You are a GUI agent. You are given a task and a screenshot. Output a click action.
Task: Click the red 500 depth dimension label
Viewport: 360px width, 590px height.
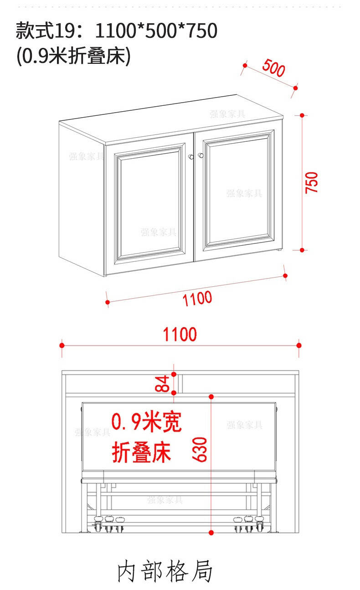[x=273, y=68]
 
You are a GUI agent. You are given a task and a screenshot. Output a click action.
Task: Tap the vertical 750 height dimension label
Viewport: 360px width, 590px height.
[x=311, y=183]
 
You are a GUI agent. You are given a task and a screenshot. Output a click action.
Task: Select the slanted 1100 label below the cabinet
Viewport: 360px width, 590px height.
[x=197, y=299]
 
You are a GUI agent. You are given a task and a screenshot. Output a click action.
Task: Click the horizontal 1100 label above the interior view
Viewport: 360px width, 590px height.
[x=180, y=334]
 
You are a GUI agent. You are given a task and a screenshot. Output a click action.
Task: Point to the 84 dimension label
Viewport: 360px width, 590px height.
[x=162, y=384]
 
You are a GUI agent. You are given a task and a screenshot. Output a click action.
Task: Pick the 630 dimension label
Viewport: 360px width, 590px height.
[x=200, y=450]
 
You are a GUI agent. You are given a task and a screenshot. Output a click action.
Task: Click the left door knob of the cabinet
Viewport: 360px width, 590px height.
[x=191, y=157]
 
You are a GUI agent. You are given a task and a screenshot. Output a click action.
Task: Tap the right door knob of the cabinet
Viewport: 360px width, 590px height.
[x=201, y=155]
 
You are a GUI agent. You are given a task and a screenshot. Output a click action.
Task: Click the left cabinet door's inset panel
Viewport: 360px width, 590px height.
[x=149, y=203]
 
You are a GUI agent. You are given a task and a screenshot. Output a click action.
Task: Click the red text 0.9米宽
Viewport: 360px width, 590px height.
[x=147, y=422]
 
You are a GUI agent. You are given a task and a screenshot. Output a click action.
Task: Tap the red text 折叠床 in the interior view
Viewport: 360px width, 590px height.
[x=142, y=452]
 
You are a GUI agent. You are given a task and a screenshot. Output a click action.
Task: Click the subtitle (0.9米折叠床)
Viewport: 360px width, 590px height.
[x=73, y=56]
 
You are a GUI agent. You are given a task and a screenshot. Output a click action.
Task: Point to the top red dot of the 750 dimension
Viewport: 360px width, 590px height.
[x=302, y=115]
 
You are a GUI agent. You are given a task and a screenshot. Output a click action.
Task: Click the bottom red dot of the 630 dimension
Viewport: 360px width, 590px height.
[x=211, y=533]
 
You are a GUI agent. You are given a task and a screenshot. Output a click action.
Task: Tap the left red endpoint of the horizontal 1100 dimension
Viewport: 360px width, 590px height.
[x=62, y=345]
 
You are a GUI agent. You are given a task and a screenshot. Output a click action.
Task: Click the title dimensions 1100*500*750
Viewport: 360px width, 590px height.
[x=156, y=31]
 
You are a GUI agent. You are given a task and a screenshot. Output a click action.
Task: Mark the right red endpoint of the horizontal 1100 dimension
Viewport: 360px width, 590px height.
[x=298, y=345]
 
